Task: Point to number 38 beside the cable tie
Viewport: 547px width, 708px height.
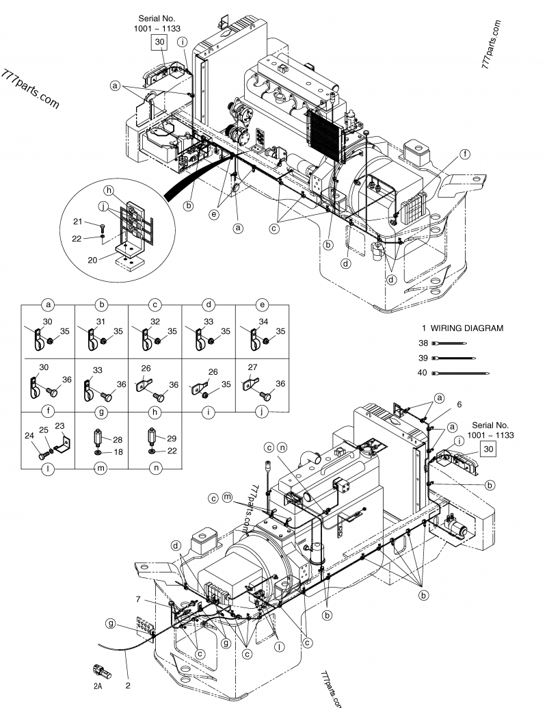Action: [x=423, y=343]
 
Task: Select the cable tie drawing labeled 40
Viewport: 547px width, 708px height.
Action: [x=462, y=373]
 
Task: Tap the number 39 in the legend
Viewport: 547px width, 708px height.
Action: [x=423, y=358]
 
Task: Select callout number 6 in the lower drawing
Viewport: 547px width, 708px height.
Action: [x=459, y=404]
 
